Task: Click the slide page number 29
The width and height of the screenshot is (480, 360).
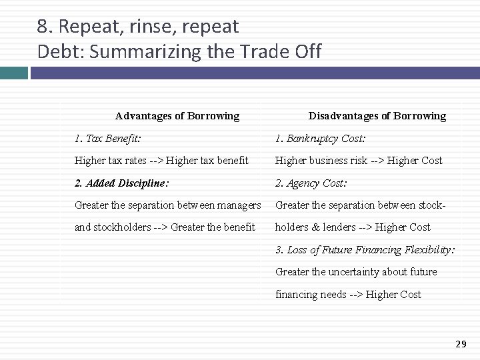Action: tap(461, 343)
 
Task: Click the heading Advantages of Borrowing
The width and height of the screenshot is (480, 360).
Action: tap(177, 115)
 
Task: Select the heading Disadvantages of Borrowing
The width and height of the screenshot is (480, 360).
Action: tap(377, 115)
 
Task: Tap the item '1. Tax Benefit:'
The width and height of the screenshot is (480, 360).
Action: tap(107, 138)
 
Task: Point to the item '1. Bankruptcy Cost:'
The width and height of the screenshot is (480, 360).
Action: tap(320, 138)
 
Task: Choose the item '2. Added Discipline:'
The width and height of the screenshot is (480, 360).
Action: tap(121, 183)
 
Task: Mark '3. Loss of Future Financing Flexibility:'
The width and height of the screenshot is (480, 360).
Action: tap(365, 249)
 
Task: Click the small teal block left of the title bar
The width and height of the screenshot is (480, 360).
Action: tap(13, 73)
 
